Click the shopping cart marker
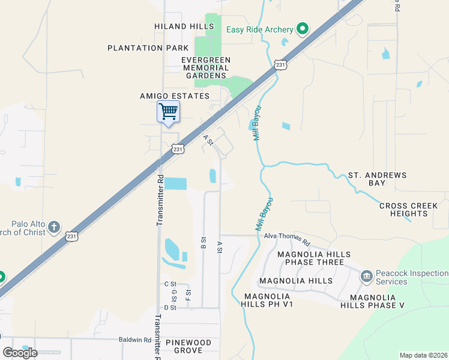point(169,112)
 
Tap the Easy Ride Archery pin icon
point(303,29)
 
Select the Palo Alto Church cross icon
point(54,227)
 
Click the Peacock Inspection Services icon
point(366,277)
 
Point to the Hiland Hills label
point(180,26)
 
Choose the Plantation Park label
point(144,48)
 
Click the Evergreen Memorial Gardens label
point(206,68)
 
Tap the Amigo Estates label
point(175,96)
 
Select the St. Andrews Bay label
point(377,179)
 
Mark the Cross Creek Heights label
point(408,209)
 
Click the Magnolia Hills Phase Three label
point(310,258)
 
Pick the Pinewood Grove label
point(188,346)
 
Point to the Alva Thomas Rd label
point(286,240)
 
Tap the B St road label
point(203,242)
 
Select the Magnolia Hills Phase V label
point(372,301)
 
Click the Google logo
point(20,353)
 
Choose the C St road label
point(169,284)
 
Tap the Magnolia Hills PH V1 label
point(268,300)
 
